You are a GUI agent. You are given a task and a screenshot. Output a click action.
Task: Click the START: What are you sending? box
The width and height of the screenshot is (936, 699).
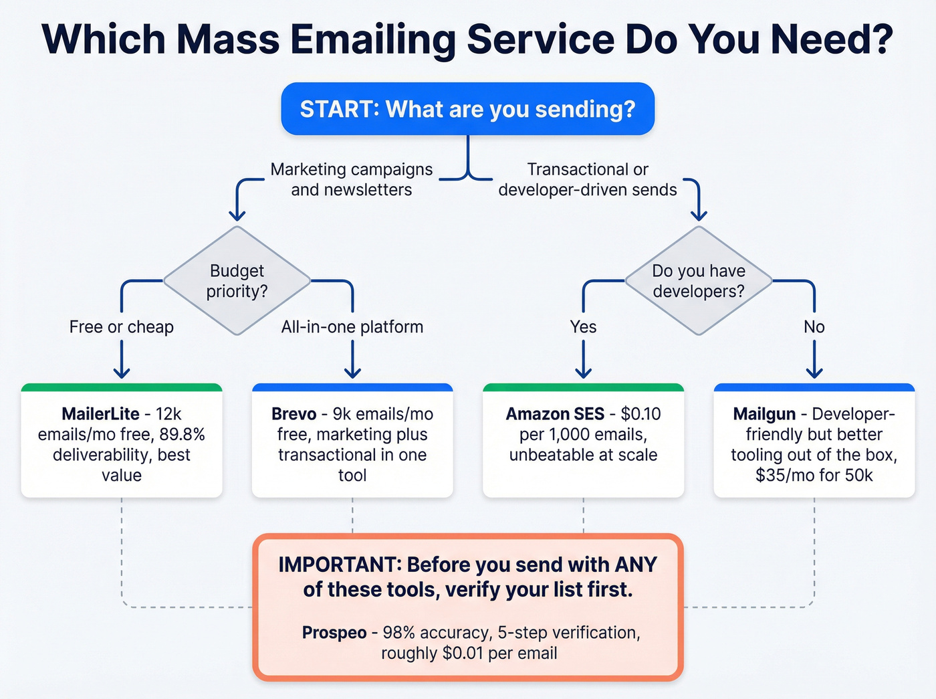[467, 109]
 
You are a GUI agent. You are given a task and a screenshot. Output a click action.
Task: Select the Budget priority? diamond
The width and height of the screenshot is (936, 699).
[237, 281]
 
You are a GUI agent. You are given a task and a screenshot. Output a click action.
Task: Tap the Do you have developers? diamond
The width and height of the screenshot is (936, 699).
[698, 281]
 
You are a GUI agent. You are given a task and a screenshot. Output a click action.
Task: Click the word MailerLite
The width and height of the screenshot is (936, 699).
[100, 414]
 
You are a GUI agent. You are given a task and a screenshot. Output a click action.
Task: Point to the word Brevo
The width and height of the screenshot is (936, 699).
[294, 414]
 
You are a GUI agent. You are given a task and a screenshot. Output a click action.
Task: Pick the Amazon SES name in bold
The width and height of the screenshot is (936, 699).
[555, 414]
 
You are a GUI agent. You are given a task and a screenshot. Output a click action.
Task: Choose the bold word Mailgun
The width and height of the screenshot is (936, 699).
[764, 414]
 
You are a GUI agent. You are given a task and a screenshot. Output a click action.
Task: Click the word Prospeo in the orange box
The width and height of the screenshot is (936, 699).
[334, 633]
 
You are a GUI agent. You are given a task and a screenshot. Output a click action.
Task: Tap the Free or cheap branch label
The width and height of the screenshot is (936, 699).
[122, 327]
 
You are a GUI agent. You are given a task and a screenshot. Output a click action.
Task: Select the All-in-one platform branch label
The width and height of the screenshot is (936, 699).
[352, 327]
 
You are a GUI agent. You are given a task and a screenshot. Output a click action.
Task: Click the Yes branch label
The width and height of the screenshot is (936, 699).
[583, 327]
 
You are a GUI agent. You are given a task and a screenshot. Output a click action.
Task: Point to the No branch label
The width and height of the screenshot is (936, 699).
[814, 327]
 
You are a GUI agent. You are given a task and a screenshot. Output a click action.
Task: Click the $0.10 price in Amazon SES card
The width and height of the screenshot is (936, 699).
[640, 414]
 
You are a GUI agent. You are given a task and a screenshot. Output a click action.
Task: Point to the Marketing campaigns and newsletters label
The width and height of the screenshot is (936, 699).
[351, 179]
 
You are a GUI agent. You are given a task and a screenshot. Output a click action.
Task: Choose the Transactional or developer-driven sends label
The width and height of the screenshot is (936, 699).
[588, 179]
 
